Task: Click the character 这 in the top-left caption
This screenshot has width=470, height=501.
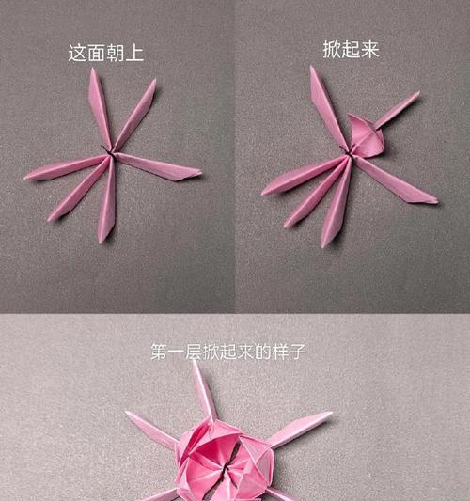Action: pyautogui.click(x=77, y=53)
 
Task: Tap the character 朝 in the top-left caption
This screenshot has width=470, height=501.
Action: pyautogui.click(x=115, y=53)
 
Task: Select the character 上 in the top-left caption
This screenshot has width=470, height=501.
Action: pyautogui.click(x=134, y=53)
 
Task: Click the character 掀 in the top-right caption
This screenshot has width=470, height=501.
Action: pyautogui.click(x=332, y=50)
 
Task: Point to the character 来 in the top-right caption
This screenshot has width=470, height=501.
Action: pyautogui.click(x=370, y=50)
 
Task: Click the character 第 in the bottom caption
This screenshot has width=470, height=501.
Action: pyautogui.click(x=160, y=352)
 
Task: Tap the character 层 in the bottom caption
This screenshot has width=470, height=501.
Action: pyautogui.click(x=195, y=352)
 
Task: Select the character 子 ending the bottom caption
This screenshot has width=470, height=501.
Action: pyautogui.click(x=297, y=352)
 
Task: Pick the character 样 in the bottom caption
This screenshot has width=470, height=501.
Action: pyautogui.click(x=280, y=352)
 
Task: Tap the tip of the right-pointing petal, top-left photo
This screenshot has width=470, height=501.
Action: pyautogui.click(x=201, y=173)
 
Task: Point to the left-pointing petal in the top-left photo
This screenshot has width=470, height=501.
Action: pyautogui.click(x=66, y=167)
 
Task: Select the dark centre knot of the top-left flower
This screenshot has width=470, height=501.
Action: pyautogui.click(x=110, y=151)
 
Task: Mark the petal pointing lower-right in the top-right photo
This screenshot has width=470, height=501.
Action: pyautogui.click(x=396, y=180)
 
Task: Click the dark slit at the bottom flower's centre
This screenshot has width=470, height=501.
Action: pyautogui.click(x=228, y=469)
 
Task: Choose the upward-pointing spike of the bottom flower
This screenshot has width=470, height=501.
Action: pyautogui.click(x=204, y=391)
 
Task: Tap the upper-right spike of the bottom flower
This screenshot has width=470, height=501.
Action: pyautogui.click(x=300, y=428)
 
